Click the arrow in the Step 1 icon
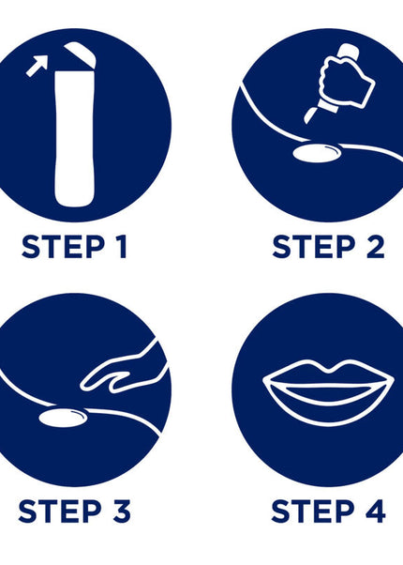click(x=37, y=65)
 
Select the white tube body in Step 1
click(x=75, y=139)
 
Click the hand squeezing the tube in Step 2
click(x=346, y=82)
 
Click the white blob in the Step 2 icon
click(x=316, y=153)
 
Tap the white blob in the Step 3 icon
click(x=63, y=418)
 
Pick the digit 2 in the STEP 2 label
click(x=375, y=247)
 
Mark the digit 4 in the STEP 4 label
click(x=375, y=511)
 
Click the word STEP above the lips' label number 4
click(x=313, y=511)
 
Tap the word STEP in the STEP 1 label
click(x=63, y=247)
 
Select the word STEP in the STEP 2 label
click(x=314, y=247)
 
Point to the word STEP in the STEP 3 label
click(x=60, y=511)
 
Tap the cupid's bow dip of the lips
click(x=329, y=369)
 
